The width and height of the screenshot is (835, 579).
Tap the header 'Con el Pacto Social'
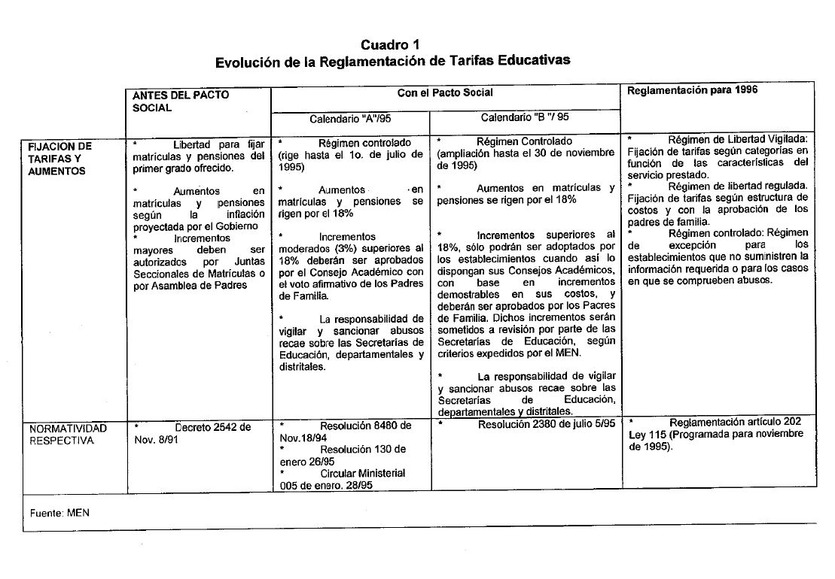click(445, 92)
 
